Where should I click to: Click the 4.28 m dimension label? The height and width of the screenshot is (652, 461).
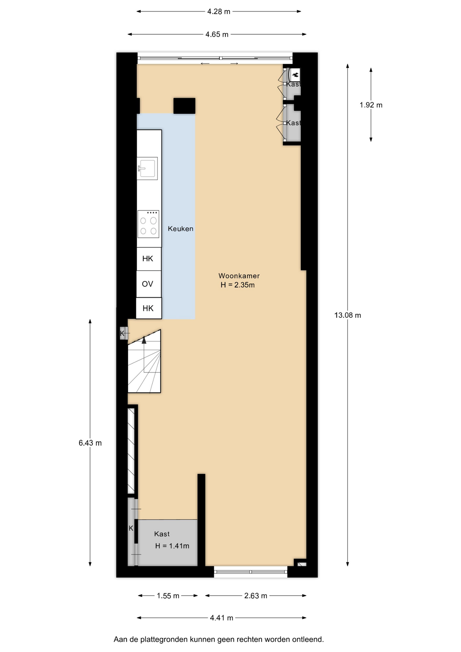tap(219, 12)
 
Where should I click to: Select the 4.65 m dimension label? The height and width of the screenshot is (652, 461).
tap(217, 34)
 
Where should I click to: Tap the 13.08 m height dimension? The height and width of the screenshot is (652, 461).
tap(348, 315)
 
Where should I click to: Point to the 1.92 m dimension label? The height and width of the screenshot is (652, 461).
tap(371, 105)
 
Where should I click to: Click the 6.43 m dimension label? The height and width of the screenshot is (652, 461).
tap(90, 443)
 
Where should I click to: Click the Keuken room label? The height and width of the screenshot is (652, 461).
tap(181, 229)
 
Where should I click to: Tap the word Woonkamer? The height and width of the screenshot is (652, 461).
tap(239, 276)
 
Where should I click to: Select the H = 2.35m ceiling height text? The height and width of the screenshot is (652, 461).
tap(238, 285)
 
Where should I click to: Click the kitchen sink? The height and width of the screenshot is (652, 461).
tap(147, 168)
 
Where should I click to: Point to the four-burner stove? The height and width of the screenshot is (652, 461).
tap(148, 224)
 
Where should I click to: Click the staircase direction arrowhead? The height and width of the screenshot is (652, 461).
tap(144, 340)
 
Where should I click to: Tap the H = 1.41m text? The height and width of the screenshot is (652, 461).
tap(172, 546)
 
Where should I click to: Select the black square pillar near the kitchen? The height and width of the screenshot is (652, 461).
tap(184, 106)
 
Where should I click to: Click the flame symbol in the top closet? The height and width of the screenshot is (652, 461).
tap(295, 74)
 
